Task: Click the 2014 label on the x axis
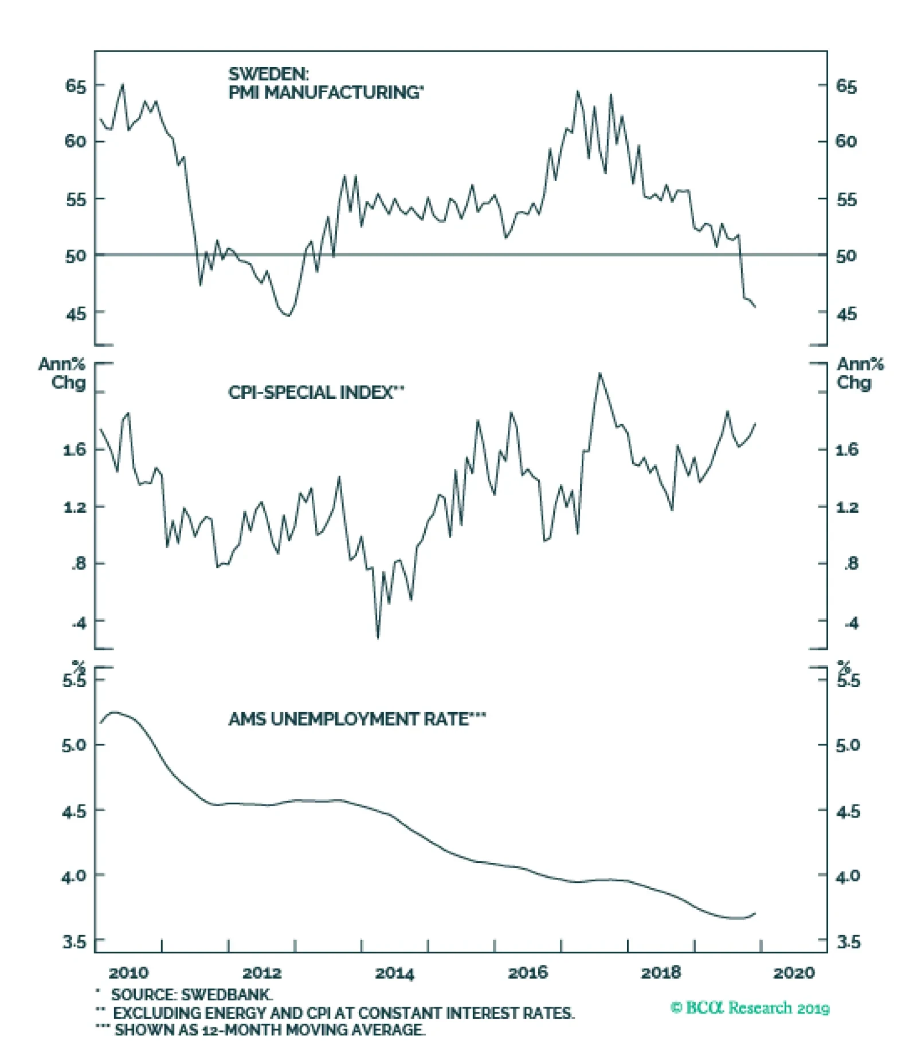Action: pos(394,973)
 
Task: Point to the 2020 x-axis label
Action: pos(793,973)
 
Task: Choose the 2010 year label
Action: pos(128,973)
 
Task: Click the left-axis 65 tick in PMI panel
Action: pos(76,87)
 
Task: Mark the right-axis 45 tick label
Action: pos(847,314)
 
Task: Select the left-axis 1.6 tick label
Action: pos(75,450)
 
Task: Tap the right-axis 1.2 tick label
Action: pos(847,507)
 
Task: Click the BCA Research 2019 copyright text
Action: pos(750,1008)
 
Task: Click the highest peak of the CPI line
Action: pos(600,374)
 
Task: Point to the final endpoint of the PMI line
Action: pos(755,307)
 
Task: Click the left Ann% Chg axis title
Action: pos(62,373)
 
